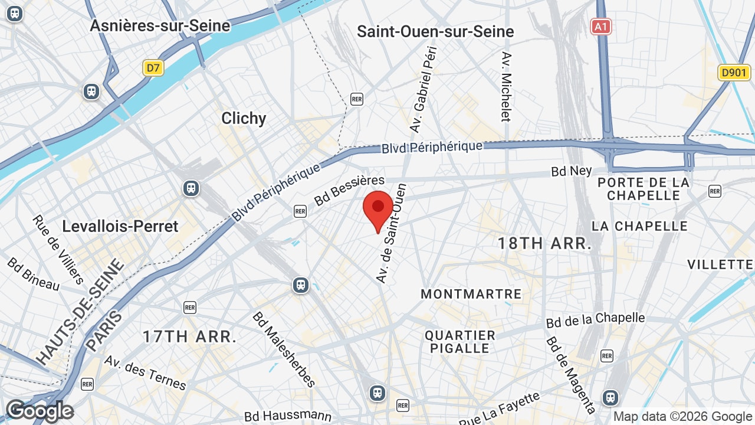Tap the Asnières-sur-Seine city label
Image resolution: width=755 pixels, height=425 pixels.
point(160,26)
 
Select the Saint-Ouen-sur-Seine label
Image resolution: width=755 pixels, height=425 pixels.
point(435,31)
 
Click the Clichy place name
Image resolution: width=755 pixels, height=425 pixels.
point(244,118)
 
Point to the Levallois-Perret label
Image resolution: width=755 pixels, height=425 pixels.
point(120,226)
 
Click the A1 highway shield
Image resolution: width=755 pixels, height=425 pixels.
point(601,27)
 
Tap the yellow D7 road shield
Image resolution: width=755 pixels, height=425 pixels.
point(153,68)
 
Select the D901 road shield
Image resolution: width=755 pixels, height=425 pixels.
point(734,73)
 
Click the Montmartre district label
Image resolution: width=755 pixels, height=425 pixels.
point(471,294)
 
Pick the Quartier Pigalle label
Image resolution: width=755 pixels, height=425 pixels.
point(460,342)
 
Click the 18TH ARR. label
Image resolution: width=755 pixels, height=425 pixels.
point(544,243)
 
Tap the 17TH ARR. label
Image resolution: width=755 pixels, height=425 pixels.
point(189,337)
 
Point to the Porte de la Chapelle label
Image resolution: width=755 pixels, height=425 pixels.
point(644,189)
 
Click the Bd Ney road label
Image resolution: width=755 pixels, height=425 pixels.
point(572,171)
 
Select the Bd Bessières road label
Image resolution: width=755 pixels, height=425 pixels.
point(349,190)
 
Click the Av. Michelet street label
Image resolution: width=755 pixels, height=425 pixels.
point(505,86)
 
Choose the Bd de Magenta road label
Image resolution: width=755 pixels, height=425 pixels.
point(570,374)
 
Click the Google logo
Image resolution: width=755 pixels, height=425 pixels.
point(40,411)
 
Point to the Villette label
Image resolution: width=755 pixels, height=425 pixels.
point(720,264)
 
